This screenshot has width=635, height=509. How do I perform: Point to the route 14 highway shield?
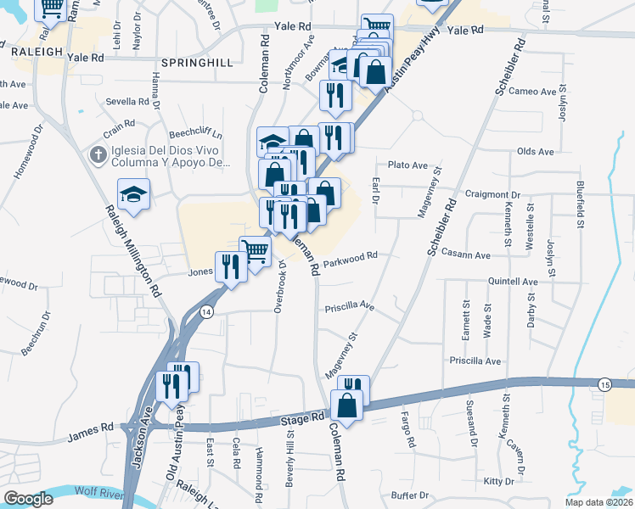(206, 312)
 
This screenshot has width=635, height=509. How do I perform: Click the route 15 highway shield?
(604, 384)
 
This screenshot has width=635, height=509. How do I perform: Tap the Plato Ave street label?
(407, 165)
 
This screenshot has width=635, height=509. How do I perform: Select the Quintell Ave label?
(513, 282)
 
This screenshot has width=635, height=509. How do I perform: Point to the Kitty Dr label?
(498, 481)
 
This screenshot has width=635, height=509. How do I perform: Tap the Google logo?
(28, 499)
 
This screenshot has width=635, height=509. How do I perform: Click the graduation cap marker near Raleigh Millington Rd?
(134, 196)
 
